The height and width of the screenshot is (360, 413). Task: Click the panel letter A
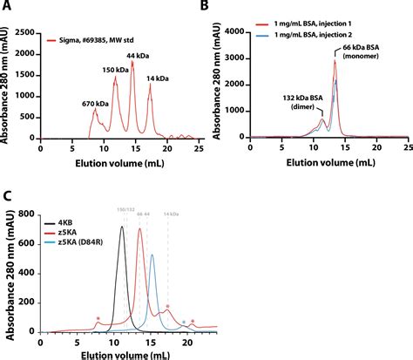click(7, 8)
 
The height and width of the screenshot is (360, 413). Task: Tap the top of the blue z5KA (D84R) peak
click(152, 255)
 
